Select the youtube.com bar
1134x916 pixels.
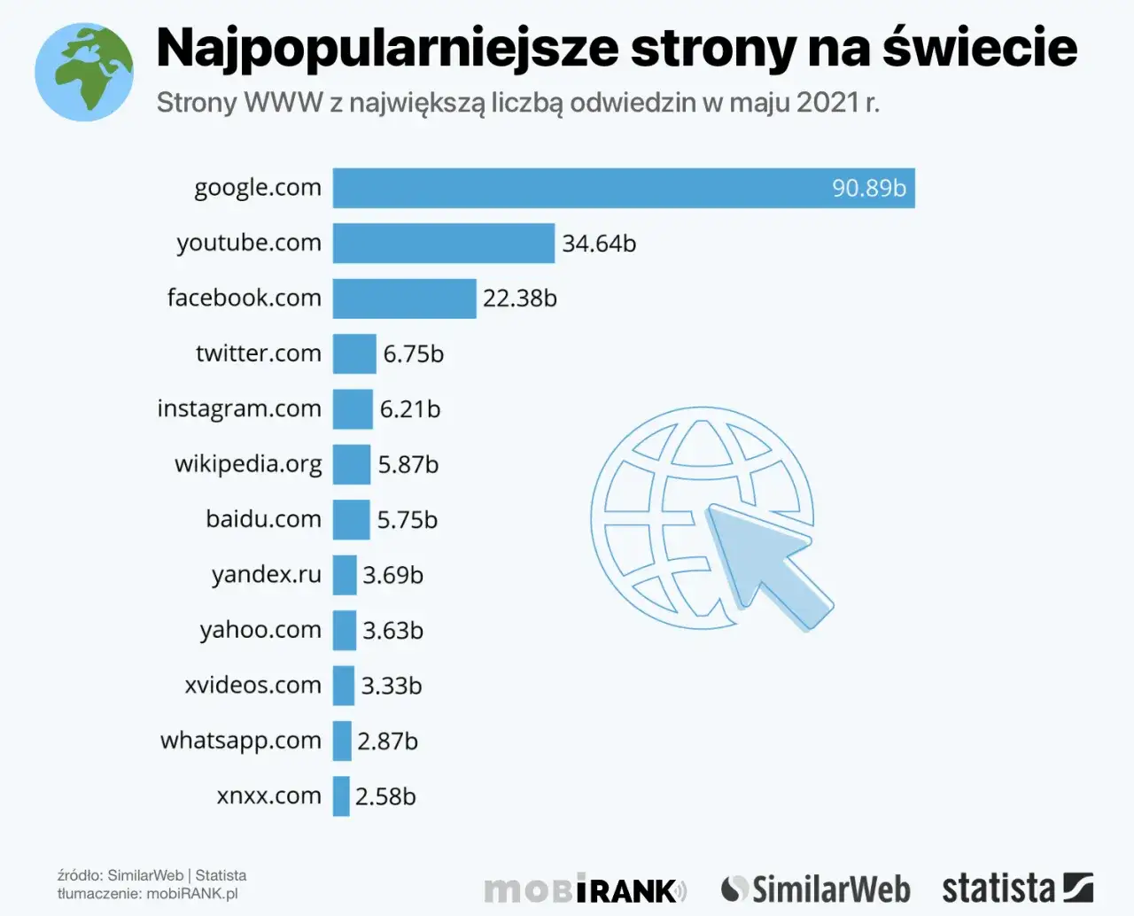click(443, 243)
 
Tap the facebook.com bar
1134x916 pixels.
click(404, 299)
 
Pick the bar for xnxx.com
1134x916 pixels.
click(341, 796)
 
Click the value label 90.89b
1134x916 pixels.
click(868, 188)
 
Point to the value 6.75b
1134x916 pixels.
click(413, 354)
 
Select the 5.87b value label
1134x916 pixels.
click(408, 465)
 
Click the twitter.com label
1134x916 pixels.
click(258, 353)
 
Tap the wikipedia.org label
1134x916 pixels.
click(248, 464)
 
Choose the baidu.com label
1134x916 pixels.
click(263, 519)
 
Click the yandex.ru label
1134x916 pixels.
click(266, 575)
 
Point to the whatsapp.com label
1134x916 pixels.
click(240, 741)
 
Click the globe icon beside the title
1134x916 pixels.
click(84, 72)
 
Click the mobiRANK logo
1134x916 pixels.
click(585, 889)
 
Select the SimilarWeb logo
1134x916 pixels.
click(815, 889)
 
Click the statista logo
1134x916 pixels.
click(1016, 888)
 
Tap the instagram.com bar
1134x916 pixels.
click(353, 409)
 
